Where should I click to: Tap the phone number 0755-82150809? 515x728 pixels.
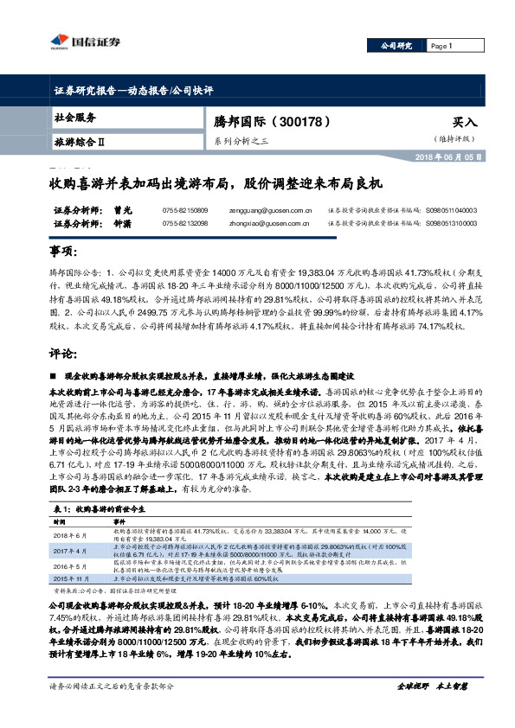coord(184,209)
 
